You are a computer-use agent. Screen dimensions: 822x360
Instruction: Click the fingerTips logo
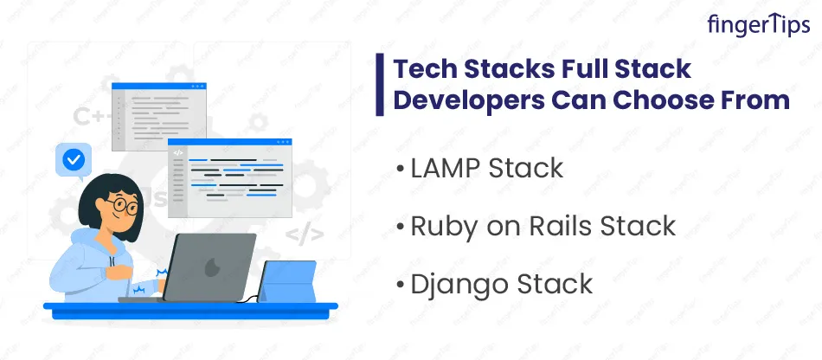click(758, 24)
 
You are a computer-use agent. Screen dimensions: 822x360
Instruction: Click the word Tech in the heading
click(424, 70)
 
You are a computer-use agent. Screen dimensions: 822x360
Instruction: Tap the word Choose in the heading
click(664, 100)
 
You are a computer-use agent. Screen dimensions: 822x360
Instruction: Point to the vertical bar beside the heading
click(380, 84)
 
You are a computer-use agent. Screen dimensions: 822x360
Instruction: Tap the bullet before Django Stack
click(401, 285)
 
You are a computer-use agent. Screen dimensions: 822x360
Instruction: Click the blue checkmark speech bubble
click(74, 160)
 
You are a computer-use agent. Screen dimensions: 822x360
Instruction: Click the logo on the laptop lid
click(212, 267)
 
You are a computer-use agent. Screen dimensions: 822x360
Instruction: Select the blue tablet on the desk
click(287, 281)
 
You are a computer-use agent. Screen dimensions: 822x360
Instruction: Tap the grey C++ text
click(93, 116)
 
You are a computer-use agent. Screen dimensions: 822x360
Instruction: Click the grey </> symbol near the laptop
click(305, 235)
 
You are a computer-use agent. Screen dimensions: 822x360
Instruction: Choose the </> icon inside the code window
click(178, 153)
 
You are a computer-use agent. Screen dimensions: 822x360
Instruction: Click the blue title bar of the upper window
click(159, 86)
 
